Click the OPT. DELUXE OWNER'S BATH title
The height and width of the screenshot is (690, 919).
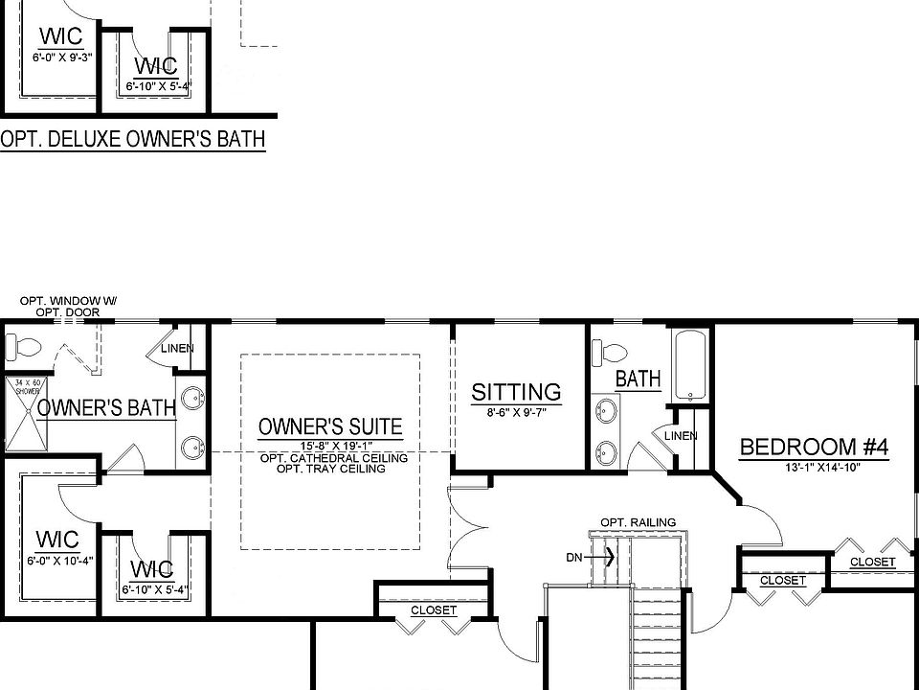[x=132, y=140]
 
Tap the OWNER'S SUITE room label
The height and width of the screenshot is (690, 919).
[x=330, y=427]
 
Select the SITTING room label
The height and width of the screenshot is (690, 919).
[x=516, y=392]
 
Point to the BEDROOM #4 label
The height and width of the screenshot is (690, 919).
[x=815, y=447]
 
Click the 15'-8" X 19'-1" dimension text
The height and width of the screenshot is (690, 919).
[x=330, y=447]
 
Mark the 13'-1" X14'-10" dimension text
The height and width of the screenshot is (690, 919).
[x=815, y=467]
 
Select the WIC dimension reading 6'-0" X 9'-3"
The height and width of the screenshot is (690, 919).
[x=58, y=57]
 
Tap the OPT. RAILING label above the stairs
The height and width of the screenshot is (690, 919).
[x=638, y=522]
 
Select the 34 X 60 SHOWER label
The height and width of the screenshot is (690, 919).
[x=25, y=387]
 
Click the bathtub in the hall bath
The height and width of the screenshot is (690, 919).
[x=690, y=366]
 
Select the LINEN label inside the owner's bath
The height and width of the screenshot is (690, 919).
[x=177, y=348]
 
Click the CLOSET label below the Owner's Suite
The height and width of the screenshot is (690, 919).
[x=434, y=610]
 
